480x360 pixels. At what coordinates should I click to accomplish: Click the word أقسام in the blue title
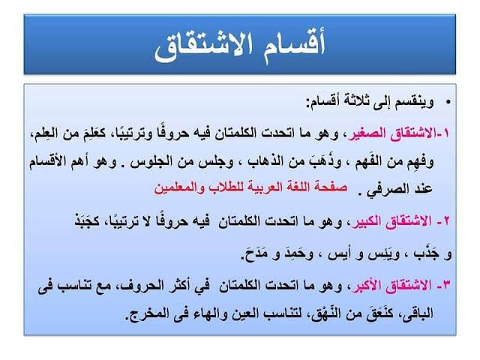[x=293, y=45]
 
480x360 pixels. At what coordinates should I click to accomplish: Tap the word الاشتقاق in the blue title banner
[x=204, y=46]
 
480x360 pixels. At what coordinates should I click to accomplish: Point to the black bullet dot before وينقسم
[x=448, y=102]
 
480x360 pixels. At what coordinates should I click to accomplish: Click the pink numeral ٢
[x=445, y=221]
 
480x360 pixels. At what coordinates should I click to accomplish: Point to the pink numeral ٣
[x=446, y=285]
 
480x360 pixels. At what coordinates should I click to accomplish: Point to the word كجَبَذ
[x=87, y=221]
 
